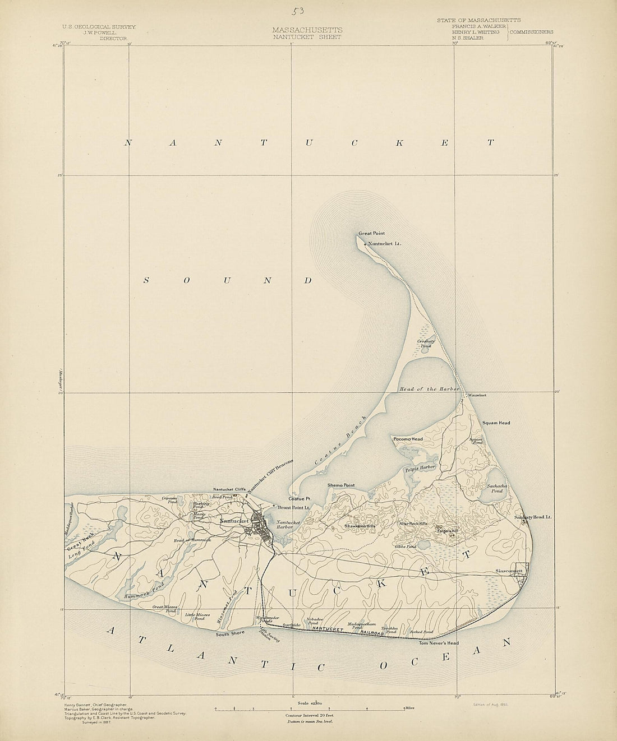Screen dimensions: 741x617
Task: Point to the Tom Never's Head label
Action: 439,643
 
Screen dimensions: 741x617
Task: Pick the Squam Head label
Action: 496,423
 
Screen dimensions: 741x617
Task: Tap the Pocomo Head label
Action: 408,439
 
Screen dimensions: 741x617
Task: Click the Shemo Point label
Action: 341,485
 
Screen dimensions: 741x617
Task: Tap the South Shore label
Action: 230,634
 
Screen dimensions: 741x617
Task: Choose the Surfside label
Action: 291,624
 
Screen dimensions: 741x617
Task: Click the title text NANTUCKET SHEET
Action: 307,37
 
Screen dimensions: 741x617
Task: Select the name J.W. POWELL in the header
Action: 99,33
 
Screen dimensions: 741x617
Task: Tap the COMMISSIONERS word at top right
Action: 532,33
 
